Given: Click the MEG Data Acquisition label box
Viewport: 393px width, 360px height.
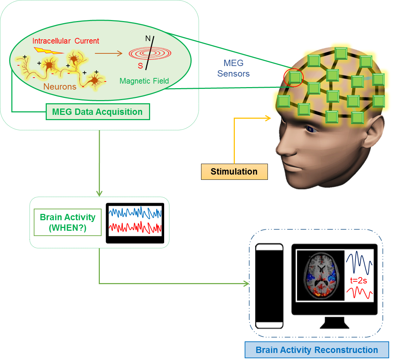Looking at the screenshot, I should pos(97,112).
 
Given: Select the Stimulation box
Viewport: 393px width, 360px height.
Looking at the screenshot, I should pos(234,172).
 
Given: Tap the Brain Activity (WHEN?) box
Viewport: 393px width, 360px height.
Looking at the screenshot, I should pos(67,222).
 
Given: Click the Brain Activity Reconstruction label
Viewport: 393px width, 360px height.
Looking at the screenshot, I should pos(317,350).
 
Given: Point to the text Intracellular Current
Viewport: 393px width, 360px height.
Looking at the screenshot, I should pos(66,41).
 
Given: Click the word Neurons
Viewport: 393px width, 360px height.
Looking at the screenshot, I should pos(60,86).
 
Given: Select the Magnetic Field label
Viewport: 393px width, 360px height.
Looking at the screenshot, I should pos(144,81).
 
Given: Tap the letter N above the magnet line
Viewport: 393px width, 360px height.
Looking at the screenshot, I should pos(148,38).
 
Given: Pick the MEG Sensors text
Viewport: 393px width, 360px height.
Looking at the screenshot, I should pos(233,68).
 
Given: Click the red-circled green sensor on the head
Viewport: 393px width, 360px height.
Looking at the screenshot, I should pos(296,78).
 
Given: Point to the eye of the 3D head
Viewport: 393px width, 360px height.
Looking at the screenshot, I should pos(311,130).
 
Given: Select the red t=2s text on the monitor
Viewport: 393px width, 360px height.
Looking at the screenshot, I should pos(359,281).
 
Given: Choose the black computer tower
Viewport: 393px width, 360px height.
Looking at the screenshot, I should pos(269,284).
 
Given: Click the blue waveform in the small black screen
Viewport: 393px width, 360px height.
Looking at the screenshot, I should pos(135,213).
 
